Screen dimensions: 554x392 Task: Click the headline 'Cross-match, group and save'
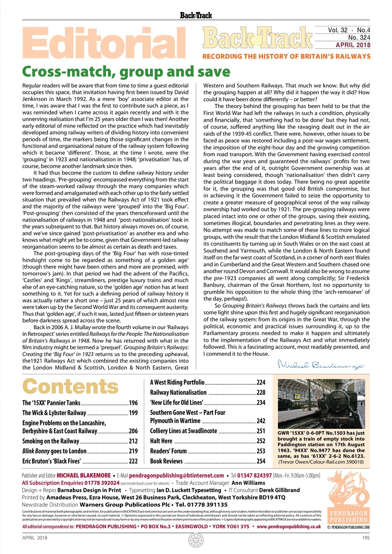(126, 71)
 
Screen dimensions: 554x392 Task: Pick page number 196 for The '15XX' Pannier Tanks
(133, 403)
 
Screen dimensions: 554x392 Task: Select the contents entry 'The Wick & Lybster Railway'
(54, 413)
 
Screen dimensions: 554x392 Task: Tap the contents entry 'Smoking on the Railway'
(51, 441)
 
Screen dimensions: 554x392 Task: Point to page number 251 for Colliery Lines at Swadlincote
(261, 431)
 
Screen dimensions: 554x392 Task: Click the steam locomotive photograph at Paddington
(321, 403)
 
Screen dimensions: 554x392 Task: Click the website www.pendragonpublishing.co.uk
(289, 527)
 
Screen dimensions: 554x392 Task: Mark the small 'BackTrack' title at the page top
(196, 16)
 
